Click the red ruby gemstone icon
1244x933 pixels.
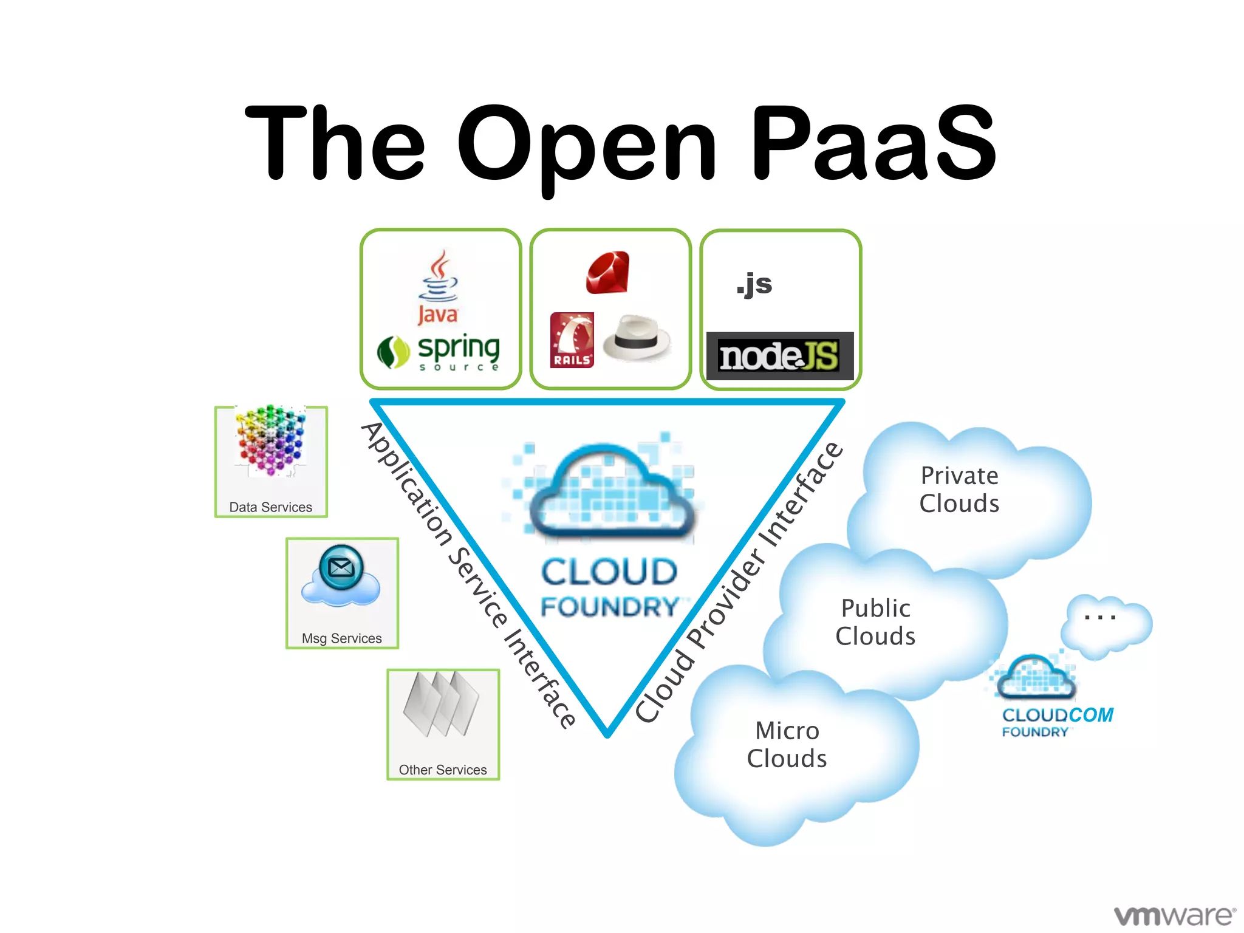point(608,273)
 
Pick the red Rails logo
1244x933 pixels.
point(572,340)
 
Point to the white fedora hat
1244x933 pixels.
point(637,337)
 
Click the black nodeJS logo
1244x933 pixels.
point(779,356)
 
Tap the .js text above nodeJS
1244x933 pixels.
point(754,284)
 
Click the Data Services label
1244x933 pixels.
point(270,507)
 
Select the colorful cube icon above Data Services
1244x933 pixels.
point(272,440)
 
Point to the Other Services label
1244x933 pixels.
point(443,770)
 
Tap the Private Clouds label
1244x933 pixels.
point(959,490)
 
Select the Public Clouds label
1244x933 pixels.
point(875,622)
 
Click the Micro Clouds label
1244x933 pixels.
point(787,745)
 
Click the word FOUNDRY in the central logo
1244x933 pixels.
point(610,607)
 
